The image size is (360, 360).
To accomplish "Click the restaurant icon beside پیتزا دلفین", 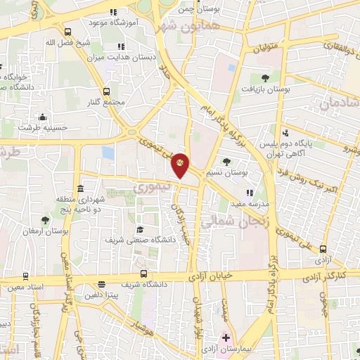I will (x=102, y=285).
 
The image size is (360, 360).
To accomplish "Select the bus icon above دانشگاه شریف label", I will (x=143, y=273).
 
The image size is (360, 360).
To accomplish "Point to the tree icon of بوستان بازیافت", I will (x=265, y=78).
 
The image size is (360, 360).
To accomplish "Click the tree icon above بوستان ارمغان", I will (x=46, y=220).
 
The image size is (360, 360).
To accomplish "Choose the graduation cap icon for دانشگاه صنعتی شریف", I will (x=140, y=229).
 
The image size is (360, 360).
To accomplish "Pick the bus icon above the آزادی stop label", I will (x=323, y=249).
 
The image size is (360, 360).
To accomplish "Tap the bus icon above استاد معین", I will (x=25, y=276).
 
